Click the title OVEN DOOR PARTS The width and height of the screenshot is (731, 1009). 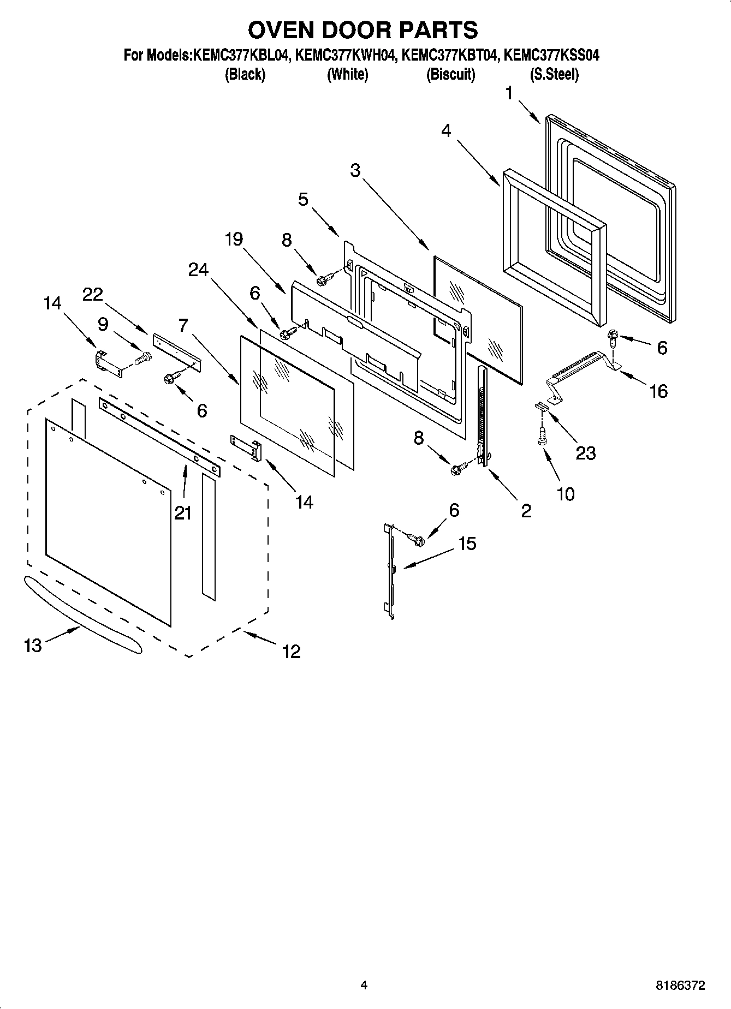[x=363, y=30]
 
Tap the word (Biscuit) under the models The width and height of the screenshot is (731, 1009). [x=450, y=74]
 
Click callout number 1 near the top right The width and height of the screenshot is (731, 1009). [x=509, y=94]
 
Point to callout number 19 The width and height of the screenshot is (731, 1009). [x=234, y=239]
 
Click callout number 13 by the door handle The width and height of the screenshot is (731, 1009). [x=33, y=646]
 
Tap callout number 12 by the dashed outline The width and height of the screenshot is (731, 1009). [x=292, y=651]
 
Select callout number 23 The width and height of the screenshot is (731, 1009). [x=586, y=452]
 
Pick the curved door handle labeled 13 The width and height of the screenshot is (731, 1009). [x=82, y=614]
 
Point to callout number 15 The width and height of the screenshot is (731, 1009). [x=468, y=544]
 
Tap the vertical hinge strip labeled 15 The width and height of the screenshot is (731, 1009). [x=390, y=570]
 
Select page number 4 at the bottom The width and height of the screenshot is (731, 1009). [x=364, y=985]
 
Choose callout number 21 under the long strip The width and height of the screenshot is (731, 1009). [x=183, y=512]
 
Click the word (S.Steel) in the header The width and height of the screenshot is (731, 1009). [x=554, y=74]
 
